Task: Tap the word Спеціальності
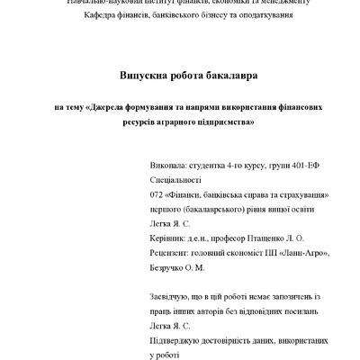pyautogui.click(x=179, y=180)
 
